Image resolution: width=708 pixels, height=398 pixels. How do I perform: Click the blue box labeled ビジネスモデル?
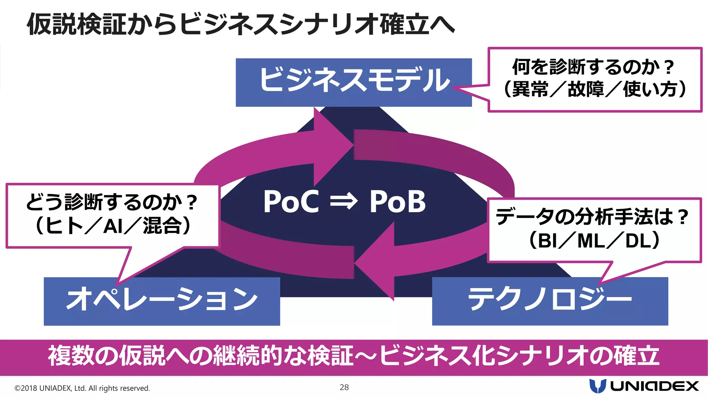click(x=353, y=82)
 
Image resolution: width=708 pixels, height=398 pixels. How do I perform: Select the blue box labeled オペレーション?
click(x=162, y=301)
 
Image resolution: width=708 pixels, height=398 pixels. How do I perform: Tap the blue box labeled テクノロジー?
click(x=550, y=301)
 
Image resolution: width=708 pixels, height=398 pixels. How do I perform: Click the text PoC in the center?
click(x=291, y=202)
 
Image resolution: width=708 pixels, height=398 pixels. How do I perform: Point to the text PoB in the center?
click(x=398, y=202)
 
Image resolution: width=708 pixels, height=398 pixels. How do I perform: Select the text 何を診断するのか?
click(x=593, y=67)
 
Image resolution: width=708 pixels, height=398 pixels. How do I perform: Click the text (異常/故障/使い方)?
click(x=595, y=89)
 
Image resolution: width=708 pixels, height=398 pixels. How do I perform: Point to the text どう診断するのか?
click(x=111, y=202)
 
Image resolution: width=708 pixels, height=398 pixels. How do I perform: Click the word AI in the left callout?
click(x=113, y=227)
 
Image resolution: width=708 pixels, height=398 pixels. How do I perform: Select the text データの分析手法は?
click(x=592, y=217)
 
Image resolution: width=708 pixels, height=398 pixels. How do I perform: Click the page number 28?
click(x=344, y=387)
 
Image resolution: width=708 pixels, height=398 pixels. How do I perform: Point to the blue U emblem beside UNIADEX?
click(x=597, y=386)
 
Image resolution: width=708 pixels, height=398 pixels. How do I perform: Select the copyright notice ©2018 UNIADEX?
click(x=82, y=388)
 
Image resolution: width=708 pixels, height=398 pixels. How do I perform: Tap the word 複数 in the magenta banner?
click(x=71, y=356)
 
